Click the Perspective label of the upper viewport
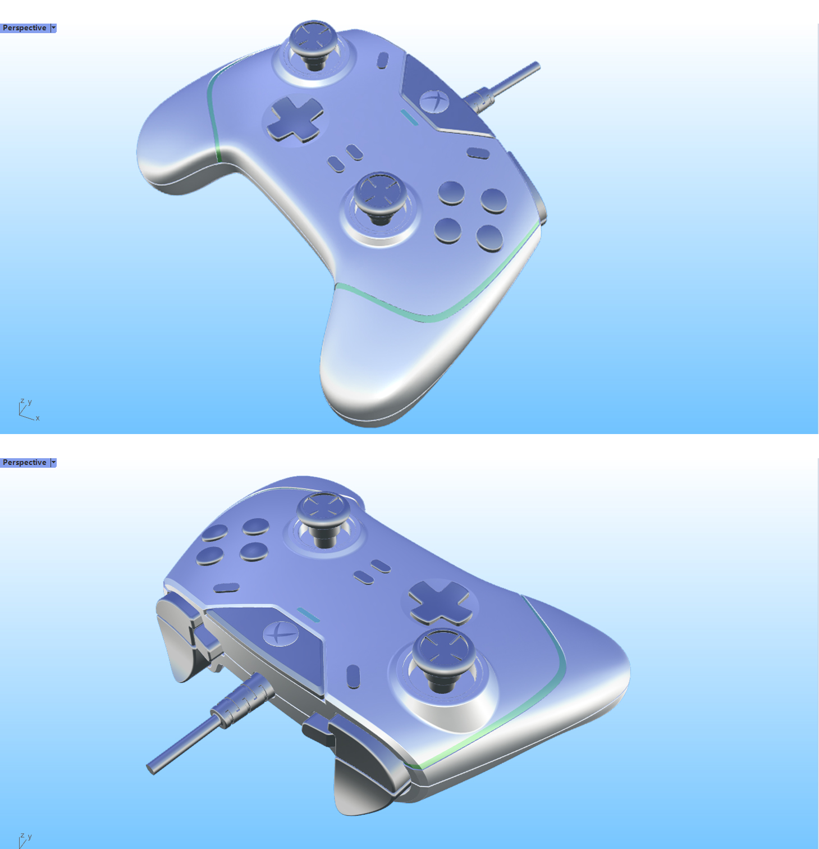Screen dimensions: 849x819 coord(25,28)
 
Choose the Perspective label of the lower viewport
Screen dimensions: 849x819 coord(25,463)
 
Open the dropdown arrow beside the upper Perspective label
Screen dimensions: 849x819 coord(53,28)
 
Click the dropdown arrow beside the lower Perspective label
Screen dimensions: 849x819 coord(53,463)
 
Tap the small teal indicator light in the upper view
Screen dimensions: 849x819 coord(409,117)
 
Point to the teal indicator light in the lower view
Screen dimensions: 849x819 coord(308,615)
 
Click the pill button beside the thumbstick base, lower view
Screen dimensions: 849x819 coord(353,677)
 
